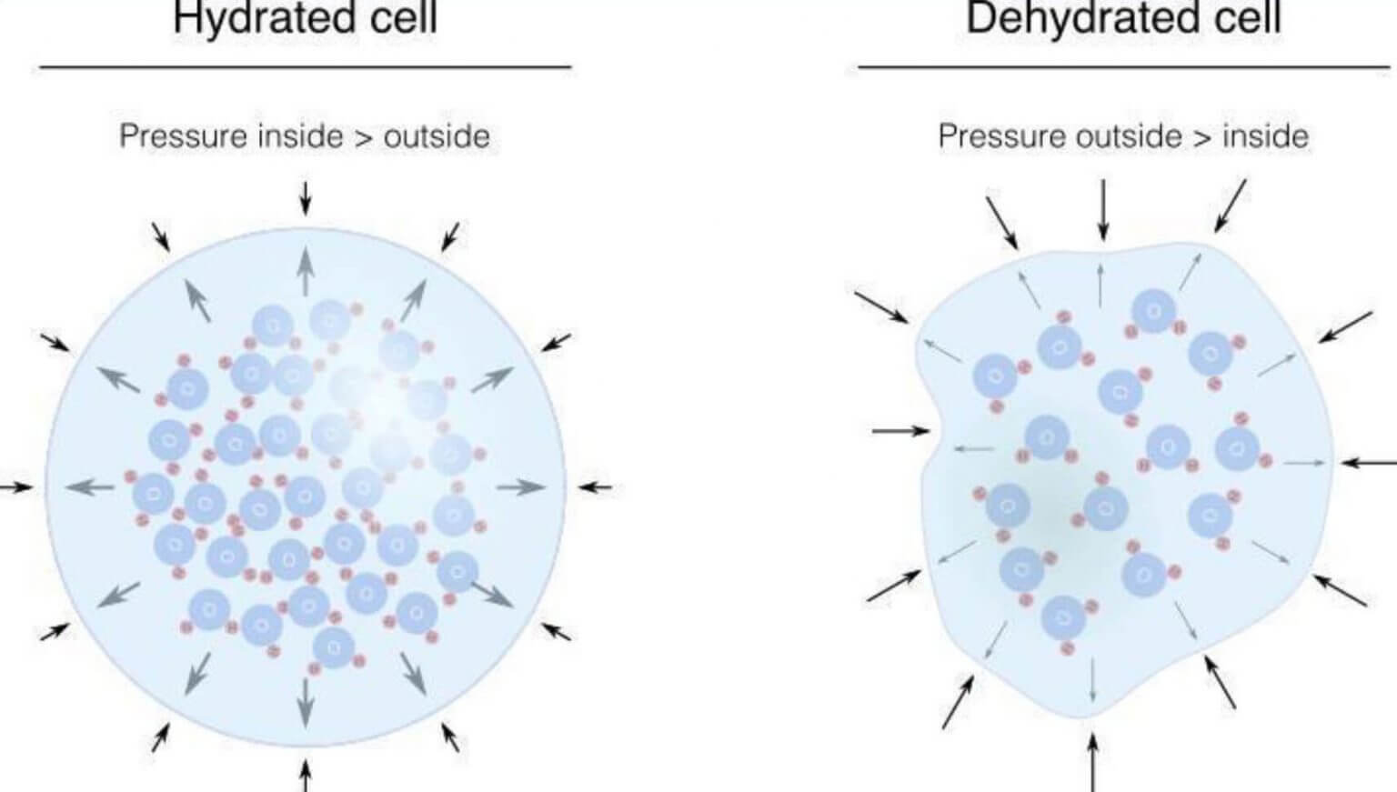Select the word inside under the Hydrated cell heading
[300, 136]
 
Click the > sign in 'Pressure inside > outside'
[363, 137]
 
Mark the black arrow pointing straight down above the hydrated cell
[306, 197]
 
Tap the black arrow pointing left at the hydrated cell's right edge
[596, 487]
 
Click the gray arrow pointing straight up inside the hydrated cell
[306, 269]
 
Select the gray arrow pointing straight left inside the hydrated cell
[90, 487]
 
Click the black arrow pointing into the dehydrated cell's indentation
[900, 430]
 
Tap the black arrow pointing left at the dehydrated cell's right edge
[1369, 463]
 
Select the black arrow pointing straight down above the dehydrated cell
[1103, 209]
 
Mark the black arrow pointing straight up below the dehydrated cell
[1093, 764]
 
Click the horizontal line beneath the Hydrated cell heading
[306, 66]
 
